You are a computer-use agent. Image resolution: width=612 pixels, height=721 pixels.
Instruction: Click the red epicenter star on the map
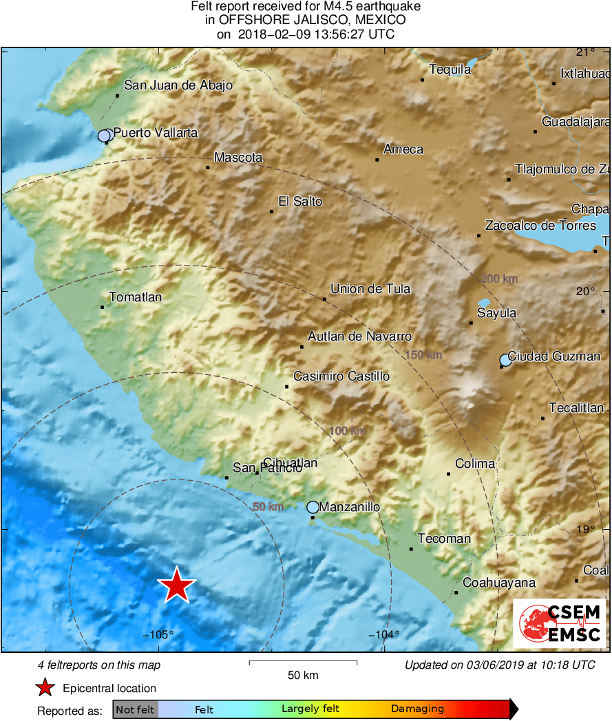coord(177,585)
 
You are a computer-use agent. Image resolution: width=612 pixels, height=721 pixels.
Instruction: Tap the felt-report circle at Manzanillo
coord(313,507)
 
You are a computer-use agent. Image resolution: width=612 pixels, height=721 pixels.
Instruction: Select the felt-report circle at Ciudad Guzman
coord(505,359)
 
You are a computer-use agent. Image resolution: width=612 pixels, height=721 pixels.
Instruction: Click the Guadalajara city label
coord(576,122)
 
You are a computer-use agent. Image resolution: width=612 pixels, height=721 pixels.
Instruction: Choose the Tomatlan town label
coord(136,297)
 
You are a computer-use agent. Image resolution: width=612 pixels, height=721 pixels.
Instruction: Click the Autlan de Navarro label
coord(359,336)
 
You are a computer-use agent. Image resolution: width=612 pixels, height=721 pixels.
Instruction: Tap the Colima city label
coord(475,464)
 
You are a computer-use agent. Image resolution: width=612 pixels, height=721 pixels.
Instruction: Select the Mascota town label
coord(238,158)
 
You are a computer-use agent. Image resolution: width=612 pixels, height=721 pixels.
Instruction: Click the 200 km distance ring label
coord(499,279)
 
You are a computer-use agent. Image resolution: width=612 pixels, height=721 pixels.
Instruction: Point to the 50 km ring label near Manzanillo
coord(268,507)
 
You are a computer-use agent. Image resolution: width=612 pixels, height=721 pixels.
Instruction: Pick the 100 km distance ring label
coord(348,431)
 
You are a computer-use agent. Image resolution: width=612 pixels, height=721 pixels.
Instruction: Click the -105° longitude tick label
coord(159,635)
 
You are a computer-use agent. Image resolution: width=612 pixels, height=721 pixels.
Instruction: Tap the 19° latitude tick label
coord(585,529)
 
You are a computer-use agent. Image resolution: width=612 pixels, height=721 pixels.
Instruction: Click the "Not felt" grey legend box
coord(136,709)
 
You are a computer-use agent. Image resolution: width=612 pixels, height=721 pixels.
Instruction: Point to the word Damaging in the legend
coord(417,709)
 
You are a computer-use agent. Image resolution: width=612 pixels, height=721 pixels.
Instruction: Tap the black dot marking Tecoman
coord(411,548)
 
